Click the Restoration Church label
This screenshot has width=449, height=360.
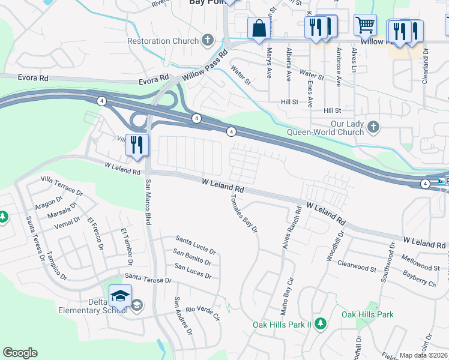coord(163,41)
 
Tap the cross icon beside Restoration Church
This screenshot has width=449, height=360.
coord(208,41)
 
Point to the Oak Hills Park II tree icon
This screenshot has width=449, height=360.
coord(321,323)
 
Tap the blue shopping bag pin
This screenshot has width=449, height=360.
coord(259,28)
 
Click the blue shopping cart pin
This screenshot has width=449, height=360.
coord(365,26)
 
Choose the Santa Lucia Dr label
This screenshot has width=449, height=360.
coord(195,245)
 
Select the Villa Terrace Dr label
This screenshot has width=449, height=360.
coord(61,185)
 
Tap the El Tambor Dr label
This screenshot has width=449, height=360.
coord(125,247)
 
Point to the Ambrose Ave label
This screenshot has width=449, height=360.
coord(339,67)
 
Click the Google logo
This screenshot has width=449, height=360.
coord(20,353)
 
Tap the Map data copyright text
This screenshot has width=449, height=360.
coord(424,355)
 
